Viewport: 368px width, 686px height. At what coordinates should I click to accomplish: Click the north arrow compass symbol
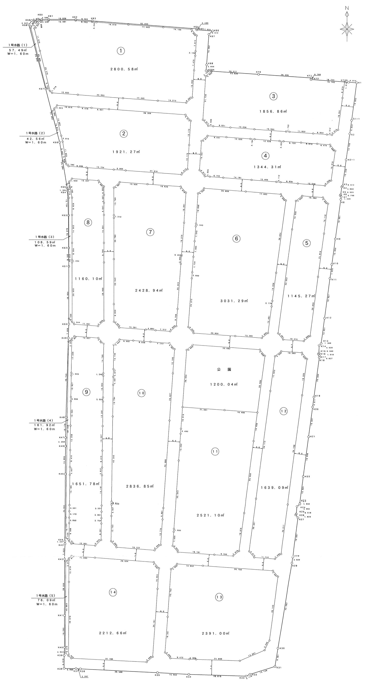(347, 28)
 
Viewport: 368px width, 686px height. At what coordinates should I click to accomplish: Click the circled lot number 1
(121, 51)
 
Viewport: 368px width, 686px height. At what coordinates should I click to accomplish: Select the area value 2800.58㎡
(124, 69)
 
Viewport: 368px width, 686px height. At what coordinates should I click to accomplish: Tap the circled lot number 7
(150, 232)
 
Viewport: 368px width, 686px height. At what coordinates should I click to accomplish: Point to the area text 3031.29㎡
(234, 301)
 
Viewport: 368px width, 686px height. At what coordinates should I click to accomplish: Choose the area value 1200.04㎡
(224, 384)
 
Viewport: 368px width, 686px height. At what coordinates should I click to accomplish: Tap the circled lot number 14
(113, 592)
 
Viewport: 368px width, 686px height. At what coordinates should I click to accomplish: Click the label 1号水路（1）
(18, 45)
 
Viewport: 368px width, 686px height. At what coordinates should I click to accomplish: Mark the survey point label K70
(258, 72)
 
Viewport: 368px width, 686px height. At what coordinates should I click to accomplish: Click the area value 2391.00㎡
(216, 633)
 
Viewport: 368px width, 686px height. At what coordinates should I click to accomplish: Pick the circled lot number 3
(273, 96)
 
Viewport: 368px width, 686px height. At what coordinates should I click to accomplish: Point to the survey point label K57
(41, 89)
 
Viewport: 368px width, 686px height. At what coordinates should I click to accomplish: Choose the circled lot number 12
(284, 411)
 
